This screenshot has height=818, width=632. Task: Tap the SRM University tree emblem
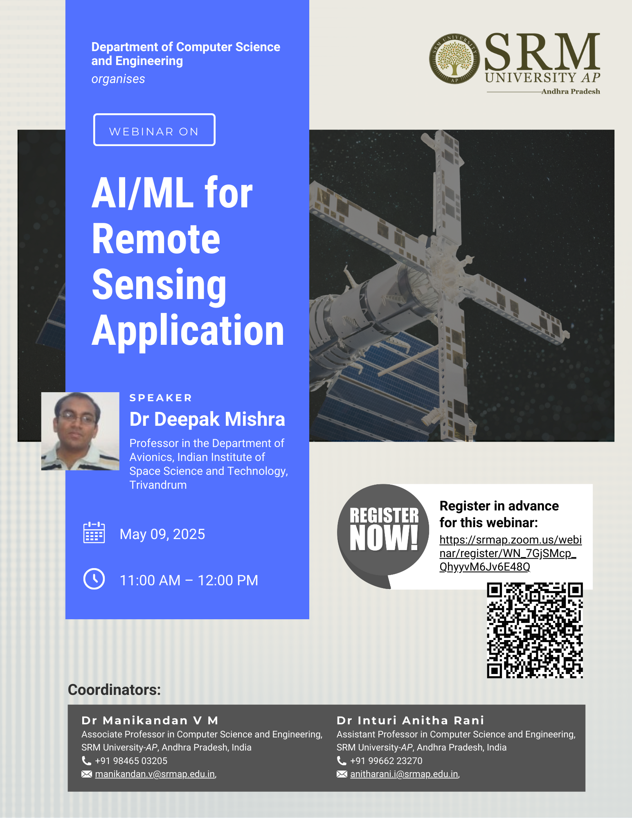[x=454, y=58]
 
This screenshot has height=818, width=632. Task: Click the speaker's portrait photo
[x=80, y=431]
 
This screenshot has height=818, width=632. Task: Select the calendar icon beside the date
[x=94, y=533]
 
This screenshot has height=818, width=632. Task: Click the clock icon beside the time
[x=94, y=579]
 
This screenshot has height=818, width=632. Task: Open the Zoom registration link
[x=511, y=553]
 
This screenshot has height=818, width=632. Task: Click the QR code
[x=535, y=630]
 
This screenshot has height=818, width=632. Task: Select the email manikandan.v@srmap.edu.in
[x=155, y=774]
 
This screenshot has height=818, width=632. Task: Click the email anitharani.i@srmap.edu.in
[x=404, y=774]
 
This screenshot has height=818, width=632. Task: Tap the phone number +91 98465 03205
[x=131, y=761]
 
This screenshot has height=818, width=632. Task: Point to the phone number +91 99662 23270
[x=386, y=761]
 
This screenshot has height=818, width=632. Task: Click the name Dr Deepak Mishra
[x=207, y=419]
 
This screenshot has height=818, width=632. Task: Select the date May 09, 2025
[x=162, y=534]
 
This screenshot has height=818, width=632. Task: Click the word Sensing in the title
[x=159, y=285]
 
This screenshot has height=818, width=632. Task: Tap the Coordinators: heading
[x=114, y=690]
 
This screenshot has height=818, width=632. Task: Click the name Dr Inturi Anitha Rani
[x=410, y=720]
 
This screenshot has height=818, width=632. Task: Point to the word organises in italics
[x=118, y=79]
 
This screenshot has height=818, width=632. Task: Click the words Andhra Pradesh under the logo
[x=571, y=92]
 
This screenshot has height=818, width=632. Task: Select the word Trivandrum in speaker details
[x=158, y=485]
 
